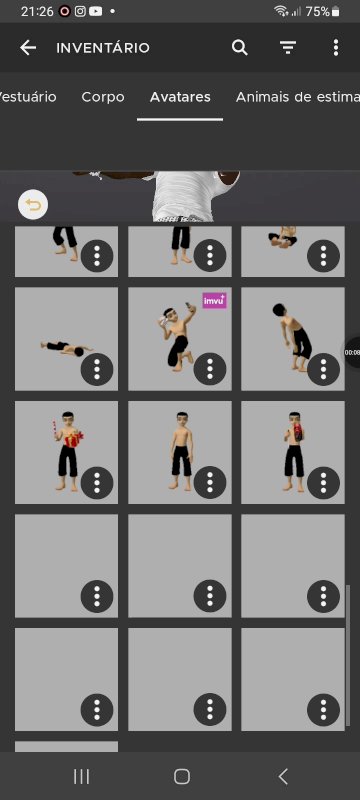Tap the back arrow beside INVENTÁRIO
(28, 48)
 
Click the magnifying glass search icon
(240, 48)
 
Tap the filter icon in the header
(288, 48)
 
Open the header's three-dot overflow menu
(336, 48)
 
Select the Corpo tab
(103, 97)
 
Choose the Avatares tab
(180, 97)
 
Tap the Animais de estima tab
(298, 97)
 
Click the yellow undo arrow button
(33, 205)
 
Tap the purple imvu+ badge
(215, 301)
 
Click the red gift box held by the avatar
(74, 439)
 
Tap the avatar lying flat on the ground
(66, 348)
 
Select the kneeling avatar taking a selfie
(177, 336)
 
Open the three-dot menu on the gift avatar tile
(97, 482)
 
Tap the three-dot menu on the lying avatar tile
(97, 368)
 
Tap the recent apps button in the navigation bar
(82, 777)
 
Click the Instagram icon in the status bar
(80, 11)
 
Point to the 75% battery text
(317, 11)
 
